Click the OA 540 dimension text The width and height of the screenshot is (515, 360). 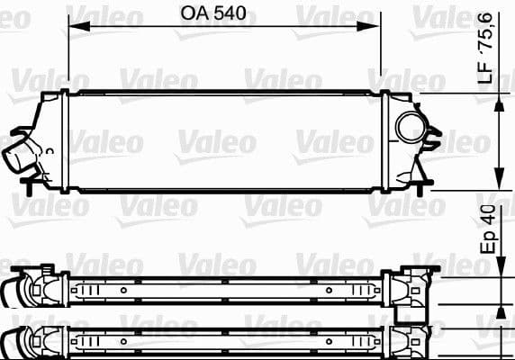coord(212,14)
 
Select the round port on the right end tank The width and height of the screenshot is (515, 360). coord(411,128)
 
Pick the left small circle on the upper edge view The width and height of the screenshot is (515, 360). coord(122,292)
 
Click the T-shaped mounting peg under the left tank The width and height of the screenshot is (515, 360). coord(34,186)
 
